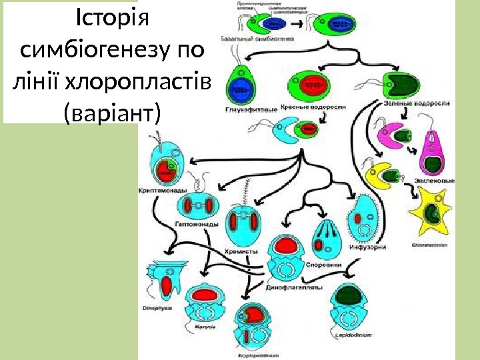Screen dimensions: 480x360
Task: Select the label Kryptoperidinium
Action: (258, 355)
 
